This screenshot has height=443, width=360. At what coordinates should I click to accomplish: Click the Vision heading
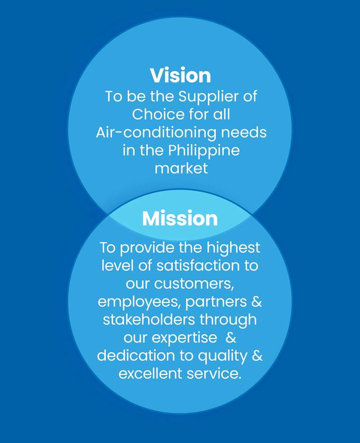180,75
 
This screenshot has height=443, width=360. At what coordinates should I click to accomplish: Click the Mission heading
180,218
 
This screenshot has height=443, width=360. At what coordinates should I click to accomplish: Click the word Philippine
204,151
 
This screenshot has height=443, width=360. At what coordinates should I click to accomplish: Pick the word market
181,168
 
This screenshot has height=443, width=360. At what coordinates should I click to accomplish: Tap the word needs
244,132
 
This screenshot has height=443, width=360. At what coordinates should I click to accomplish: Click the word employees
139,303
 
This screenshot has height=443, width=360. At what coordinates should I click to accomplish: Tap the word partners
216,303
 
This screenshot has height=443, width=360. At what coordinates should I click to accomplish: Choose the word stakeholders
149,319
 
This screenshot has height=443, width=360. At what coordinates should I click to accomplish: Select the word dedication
136,356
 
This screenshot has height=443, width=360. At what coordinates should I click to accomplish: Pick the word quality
222,357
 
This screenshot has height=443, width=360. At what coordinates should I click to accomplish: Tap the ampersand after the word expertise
231,337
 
